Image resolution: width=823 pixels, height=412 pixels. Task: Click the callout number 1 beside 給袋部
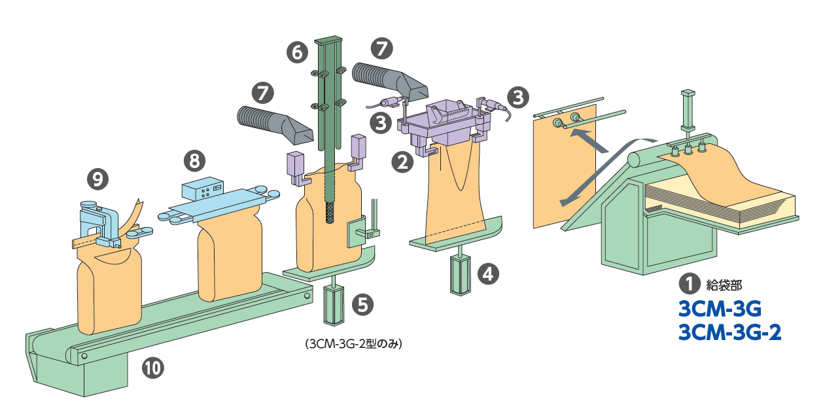point(688,284)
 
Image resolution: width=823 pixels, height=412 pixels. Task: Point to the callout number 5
point(363,304)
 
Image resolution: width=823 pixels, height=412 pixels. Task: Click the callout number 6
point(297,52)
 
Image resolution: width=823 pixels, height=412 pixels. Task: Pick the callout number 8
point(194,159)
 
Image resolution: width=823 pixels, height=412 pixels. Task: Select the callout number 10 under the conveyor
point(153,368)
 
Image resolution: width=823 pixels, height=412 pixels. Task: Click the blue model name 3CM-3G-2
point(730,333)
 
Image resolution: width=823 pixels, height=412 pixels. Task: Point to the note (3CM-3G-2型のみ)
point(352,343)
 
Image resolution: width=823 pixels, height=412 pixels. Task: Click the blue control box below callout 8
point(204,190)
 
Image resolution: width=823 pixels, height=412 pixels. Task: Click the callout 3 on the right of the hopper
point(517,97)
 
